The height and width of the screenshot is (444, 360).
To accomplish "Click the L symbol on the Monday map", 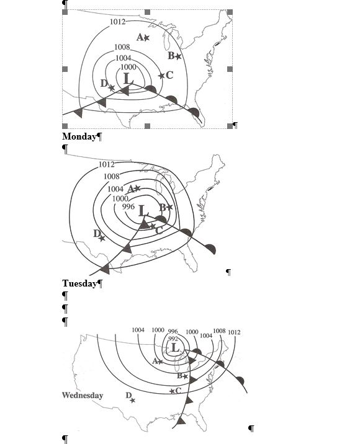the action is [x=128, y=78].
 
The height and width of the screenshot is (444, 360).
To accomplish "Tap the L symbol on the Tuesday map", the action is [x=143, y=211].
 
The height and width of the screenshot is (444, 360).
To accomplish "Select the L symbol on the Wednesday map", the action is [x=176, y=347].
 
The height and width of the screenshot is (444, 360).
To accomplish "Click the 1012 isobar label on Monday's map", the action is [x=117, y=22].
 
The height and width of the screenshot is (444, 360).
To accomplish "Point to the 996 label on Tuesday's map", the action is [x=128, y=206].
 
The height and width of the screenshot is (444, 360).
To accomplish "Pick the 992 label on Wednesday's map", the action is [x=173, y=339].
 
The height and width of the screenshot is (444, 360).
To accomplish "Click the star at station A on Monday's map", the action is [x=146, y=38].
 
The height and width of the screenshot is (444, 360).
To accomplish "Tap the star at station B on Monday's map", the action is [x=178, y=56].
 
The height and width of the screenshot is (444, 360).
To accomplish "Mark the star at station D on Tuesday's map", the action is [x=102, y=238].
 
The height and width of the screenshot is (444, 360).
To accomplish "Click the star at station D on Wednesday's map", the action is [x=133, y=400].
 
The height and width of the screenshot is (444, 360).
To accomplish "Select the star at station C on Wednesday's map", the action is [x=172, y=391].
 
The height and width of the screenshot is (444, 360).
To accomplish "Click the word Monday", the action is [x=79, y=136].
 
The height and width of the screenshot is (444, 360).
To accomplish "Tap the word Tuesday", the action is [x=79, y=283].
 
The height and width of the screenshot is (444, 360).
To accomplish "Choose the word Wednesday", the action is [x=83, y=395].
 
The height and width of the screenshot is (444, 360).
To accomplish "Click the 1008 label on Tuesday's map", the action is [x=111, y=176].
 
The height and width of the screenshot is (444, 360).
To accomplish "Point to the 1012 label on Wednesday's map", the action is [x=234, y=332].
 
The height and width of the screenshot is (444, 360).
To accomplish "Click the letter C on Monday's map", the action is [x=169, y=75].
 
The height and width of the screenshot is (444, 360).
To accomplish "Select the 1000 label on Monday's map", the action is [x=128, y=67].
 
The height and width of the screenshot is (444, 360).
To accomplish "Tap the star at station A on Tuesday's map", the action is [x=137, y=188].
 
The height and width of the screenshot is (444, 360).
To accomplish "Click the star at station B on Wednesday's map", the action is [x=185, y=376].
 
